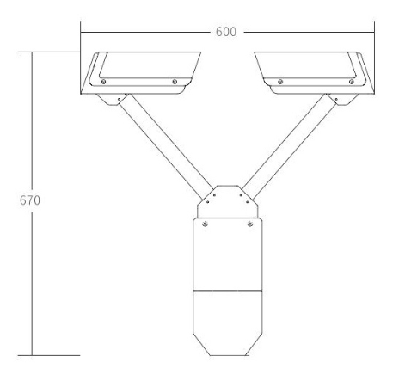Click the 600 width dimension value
click(226, 31)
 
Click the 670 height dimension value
click(29, 199)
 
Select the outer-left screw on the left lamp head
click(103, 82)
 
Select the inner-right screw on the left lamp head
click(175, 82)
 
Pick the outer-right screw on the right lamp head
click(351, 82)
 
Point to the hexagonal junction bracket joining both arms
click(227, 200)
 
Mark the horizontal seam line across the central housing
click(227, 288)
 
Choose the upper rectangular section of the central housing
click(227, 254)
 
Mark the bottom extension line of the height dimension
click(56, 355)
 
